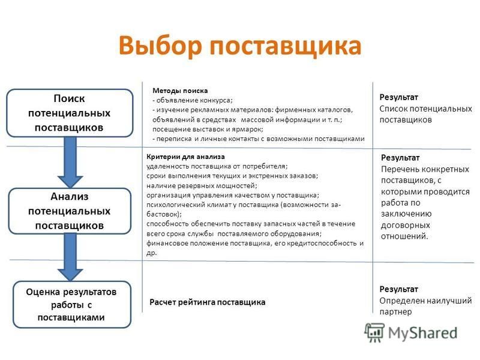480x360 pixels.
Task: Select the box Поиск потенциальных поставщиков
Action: [70, 113]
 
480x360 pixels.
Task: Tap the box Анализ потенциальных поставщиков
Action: [70, 211]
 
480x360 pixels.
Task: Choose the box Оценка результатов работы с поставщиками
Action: [72, 305]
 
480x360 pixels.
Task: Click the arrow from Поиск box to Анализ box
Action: [70, 162]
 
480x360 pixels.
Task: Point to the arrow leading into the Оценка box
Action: [70, 257]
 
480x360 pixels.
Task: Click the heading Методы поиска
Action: [180, 91]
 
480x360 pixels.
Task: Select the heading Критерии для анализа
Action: [185, 157]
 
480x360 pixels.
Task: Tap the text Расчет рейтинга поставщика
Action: [207, 302]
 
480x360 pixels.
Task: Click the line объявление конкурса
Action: [193, 100]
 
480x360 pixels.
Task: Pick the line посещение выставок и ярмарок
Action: [208, 129]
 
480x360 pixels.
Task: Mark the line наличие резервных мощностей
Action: [202, 185]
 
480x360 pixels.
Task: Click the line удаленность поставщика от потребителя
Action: [217, 166]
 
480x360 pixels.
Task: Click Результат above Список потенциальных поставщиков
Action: [398, 97]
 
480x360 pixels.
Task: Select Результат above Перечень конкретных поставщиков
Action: [400, 158]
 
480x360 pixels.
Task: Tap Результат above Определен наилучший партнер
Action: [398, 289]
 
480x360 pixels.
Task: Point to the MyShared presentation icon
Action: [374, 332]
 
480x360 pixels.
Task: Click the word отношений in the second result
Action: [404, 236]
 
